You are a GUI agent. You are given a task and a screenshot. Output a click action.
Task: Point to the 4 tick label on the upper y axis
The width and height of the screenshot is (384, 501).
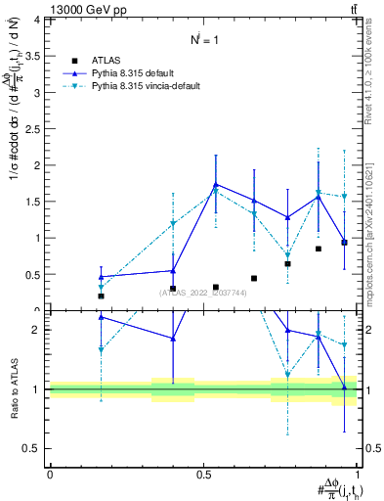36,20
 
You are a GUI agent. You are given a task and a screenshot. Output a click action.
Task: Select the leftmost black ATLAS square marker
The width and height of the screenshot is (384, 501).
101,296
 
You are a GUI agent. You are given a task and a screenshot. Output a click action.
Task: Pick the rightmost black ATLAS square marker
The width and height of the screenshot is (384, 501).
344,242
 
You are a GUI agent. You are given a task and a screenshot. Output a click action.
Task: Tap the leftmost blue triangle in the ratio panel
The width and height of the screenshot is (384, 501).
101,317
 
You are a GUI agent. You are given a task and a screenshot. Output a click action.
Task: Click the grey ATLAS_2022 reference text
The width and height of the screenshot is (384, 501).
203,293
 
